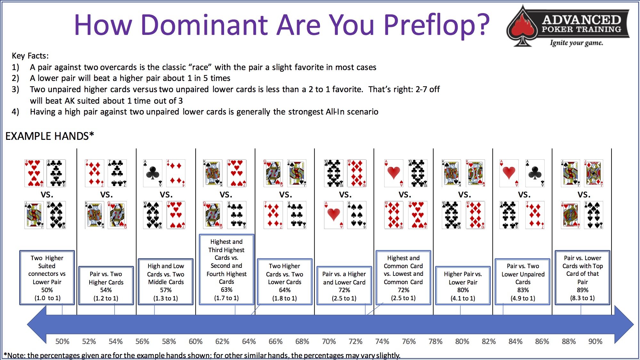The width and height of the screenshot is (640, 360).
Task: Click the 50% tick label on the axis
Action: point(62,341)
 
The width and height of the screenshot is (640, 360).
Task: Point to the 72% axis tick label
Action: point(355,341)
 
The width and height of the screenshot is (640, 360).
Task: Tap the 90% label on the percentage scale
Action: point(595,341)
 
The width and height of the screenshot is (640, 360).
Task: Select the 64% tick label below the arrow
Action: point(249,341)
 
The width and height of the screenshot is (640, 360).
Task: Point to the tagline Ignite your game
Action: point(576,43)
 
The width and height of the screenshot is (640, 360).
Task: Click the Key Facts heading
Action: point(30,56)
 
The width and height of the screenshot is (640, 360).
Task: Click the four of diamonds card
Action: point(176,173)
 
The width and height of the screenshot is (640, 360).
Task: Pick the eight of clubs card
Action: point(56,173)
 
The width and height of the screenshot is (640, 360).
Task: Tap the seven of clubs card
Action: point(117,173)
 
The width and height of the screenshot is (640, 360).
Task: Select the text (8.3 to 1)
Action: point(582,298)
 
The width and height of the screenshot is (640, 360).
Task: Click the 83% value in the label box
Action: point(523,290)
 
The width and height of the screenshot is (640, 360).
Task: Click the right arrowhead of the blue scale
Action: point(624,324)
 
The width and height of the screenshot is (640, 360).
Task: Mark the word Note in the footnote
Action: point(16,356)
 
